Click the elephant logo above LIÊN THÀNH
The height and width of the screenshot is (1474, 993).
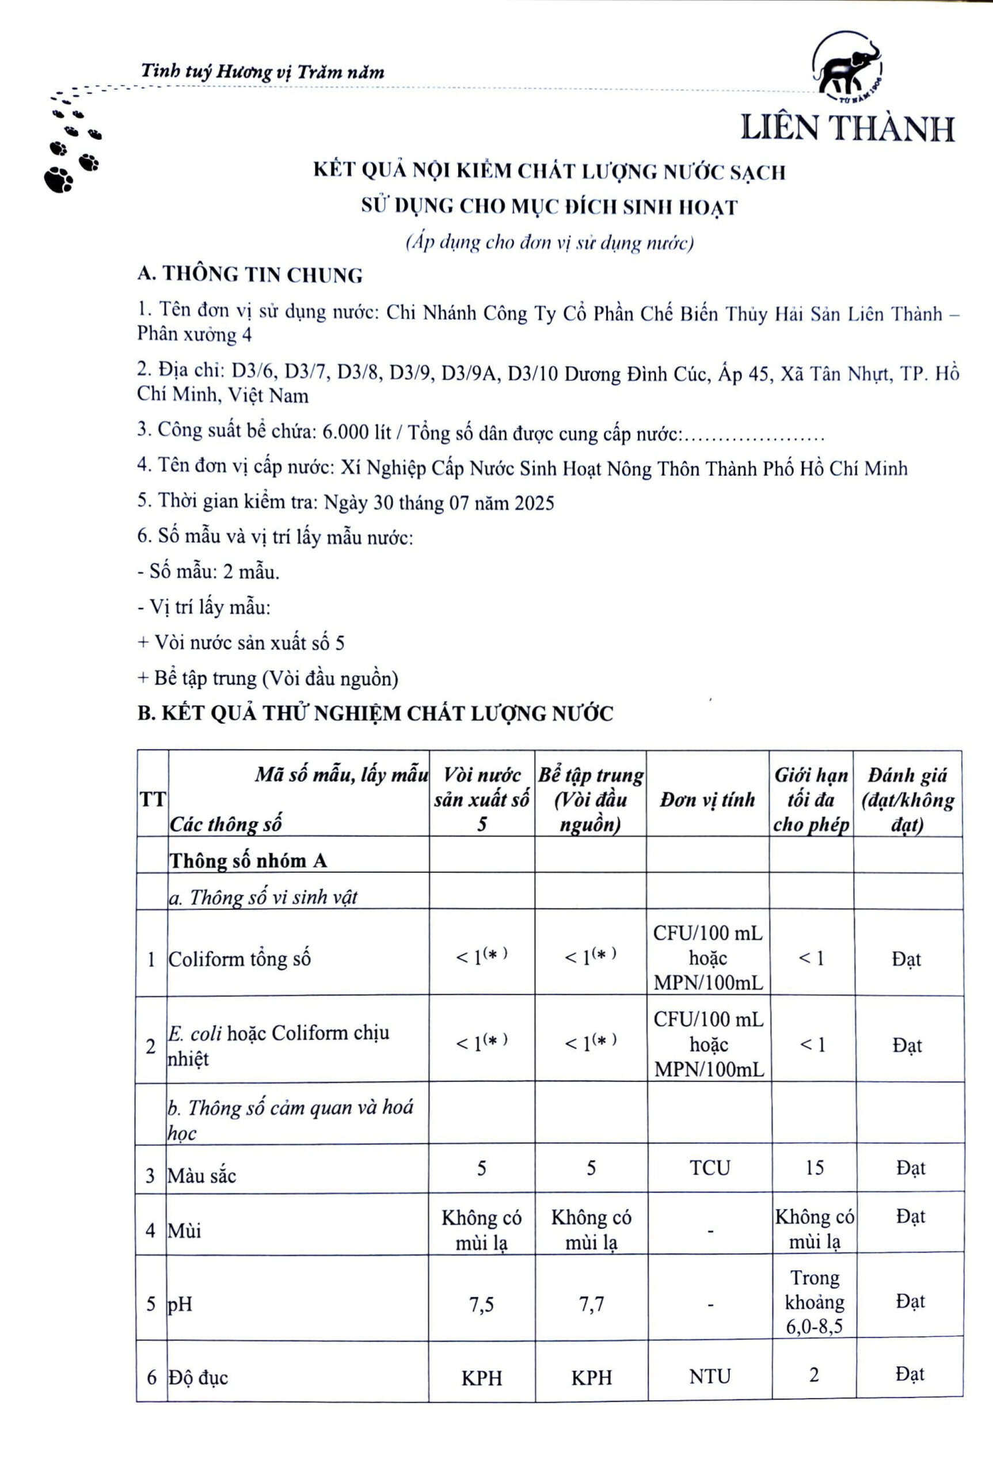847,69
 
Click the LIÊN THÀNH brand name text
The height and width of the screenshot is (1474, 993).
847,128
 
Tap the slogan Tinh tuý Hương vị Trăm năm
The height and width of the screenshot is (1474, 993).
262,72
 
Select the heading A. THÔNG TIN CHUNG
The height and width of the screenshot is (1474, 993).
250,275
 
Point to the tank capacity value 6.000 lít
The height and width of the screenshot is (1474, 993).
356,432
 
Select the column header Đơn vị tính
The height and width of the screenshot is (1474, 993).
707,799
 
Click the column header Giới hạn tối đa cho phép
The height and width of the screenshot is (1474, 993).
811,799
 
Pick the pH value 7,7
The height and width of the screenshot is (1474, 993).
590,1304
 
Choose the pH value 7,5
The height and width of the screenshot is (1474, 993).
481,1304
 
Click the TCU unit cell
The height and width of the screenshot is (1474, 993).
709,1168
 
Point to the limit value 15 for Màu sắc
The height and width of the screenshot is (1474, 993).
814,1168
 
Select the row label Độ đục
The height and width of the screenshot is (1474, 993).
197,1378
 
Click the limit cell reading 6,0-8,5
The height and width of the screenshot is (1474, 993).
814,1327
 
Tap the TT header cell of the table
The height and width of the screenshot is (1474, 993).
152,799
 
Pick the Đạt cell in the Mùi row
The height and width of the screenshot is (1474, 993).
910,1217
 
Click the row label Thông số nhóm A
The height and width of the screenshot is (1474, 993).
248,861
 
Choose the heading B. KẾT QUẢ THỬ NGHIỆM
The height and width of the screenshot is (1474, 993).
375,714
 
